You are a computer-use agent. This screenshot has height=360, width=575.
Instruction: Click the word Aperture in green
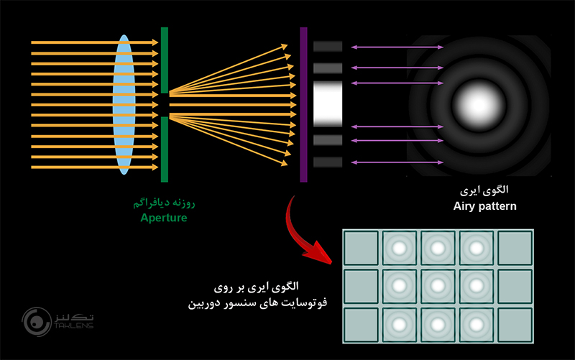point(164,217)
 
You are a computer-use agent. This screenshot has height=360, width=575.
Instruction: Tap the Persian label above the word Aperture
point(164,203)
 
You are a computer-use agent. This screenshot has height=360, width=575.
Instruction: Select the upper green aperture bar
point(165,60)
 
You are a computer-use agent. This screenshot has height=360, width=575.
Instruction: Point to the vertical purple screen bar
point(303,105)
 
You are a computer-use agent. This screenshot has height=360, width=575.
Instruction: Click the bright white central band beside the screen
point(328,104)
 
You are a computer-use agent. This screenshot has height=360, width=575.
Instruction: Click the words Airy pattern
point(485,206)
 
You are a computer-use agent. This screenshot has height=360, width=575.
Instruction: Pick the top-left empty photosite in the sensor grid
point(361,248)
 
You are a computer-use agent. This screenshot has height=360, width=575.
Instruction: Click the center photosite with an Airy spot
point(437,286)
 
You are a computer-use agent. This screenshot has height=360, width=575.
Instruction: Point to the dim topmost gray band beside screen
point(328,46)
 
